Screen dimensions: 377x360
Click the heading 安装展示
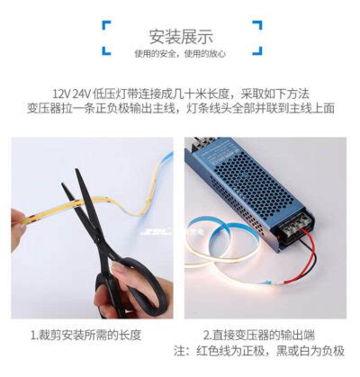point(180,37)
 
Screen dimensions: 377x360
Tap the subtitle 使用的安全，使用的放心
point(180,54)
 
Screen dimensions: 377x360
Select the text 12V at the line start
point(60,92)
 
